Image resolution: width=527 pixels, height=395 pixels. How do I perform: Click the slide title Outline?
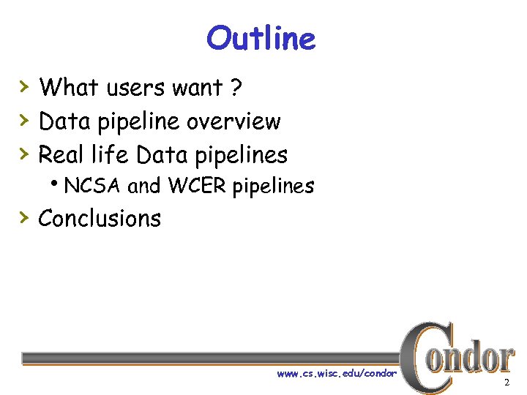261,38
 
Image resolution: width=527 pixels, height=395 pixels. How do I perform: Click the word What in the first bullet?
69,88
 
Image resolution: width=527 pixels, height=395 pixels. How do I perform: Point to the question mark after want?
235,88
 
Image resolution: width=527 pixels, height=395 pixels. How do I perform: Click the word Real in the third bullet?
61,155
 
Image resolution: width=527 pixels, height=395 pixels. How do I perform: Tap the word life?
110,155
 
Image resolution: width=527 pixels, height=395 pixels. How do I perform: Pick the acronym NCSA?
93,187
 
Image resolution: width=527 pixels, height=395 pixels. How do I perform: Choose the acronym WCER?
197,187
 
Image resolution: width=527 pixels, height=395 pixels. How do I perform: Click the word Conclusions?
100,219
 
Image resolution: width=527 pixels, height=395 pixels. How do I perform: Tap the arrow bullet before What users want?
24,87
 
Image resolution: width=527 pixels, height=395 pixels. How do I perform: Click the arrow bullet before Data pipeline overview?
24,121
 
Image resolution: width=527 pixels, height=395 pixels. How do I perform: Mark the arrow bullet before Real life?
24,154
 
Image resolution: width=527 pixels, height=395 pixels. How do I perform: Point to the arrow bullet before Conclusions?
24,218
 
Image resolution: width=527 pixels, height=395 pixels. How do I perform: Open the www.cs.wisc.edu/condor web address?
336,374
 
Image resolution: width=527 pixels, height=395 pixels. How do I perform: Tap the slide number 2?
506,383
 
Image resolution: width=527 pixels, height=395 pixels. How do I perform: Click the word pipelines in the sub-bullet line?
273,187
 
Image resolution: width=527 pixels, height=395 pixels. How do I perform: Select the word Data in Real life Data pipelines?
162,155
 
